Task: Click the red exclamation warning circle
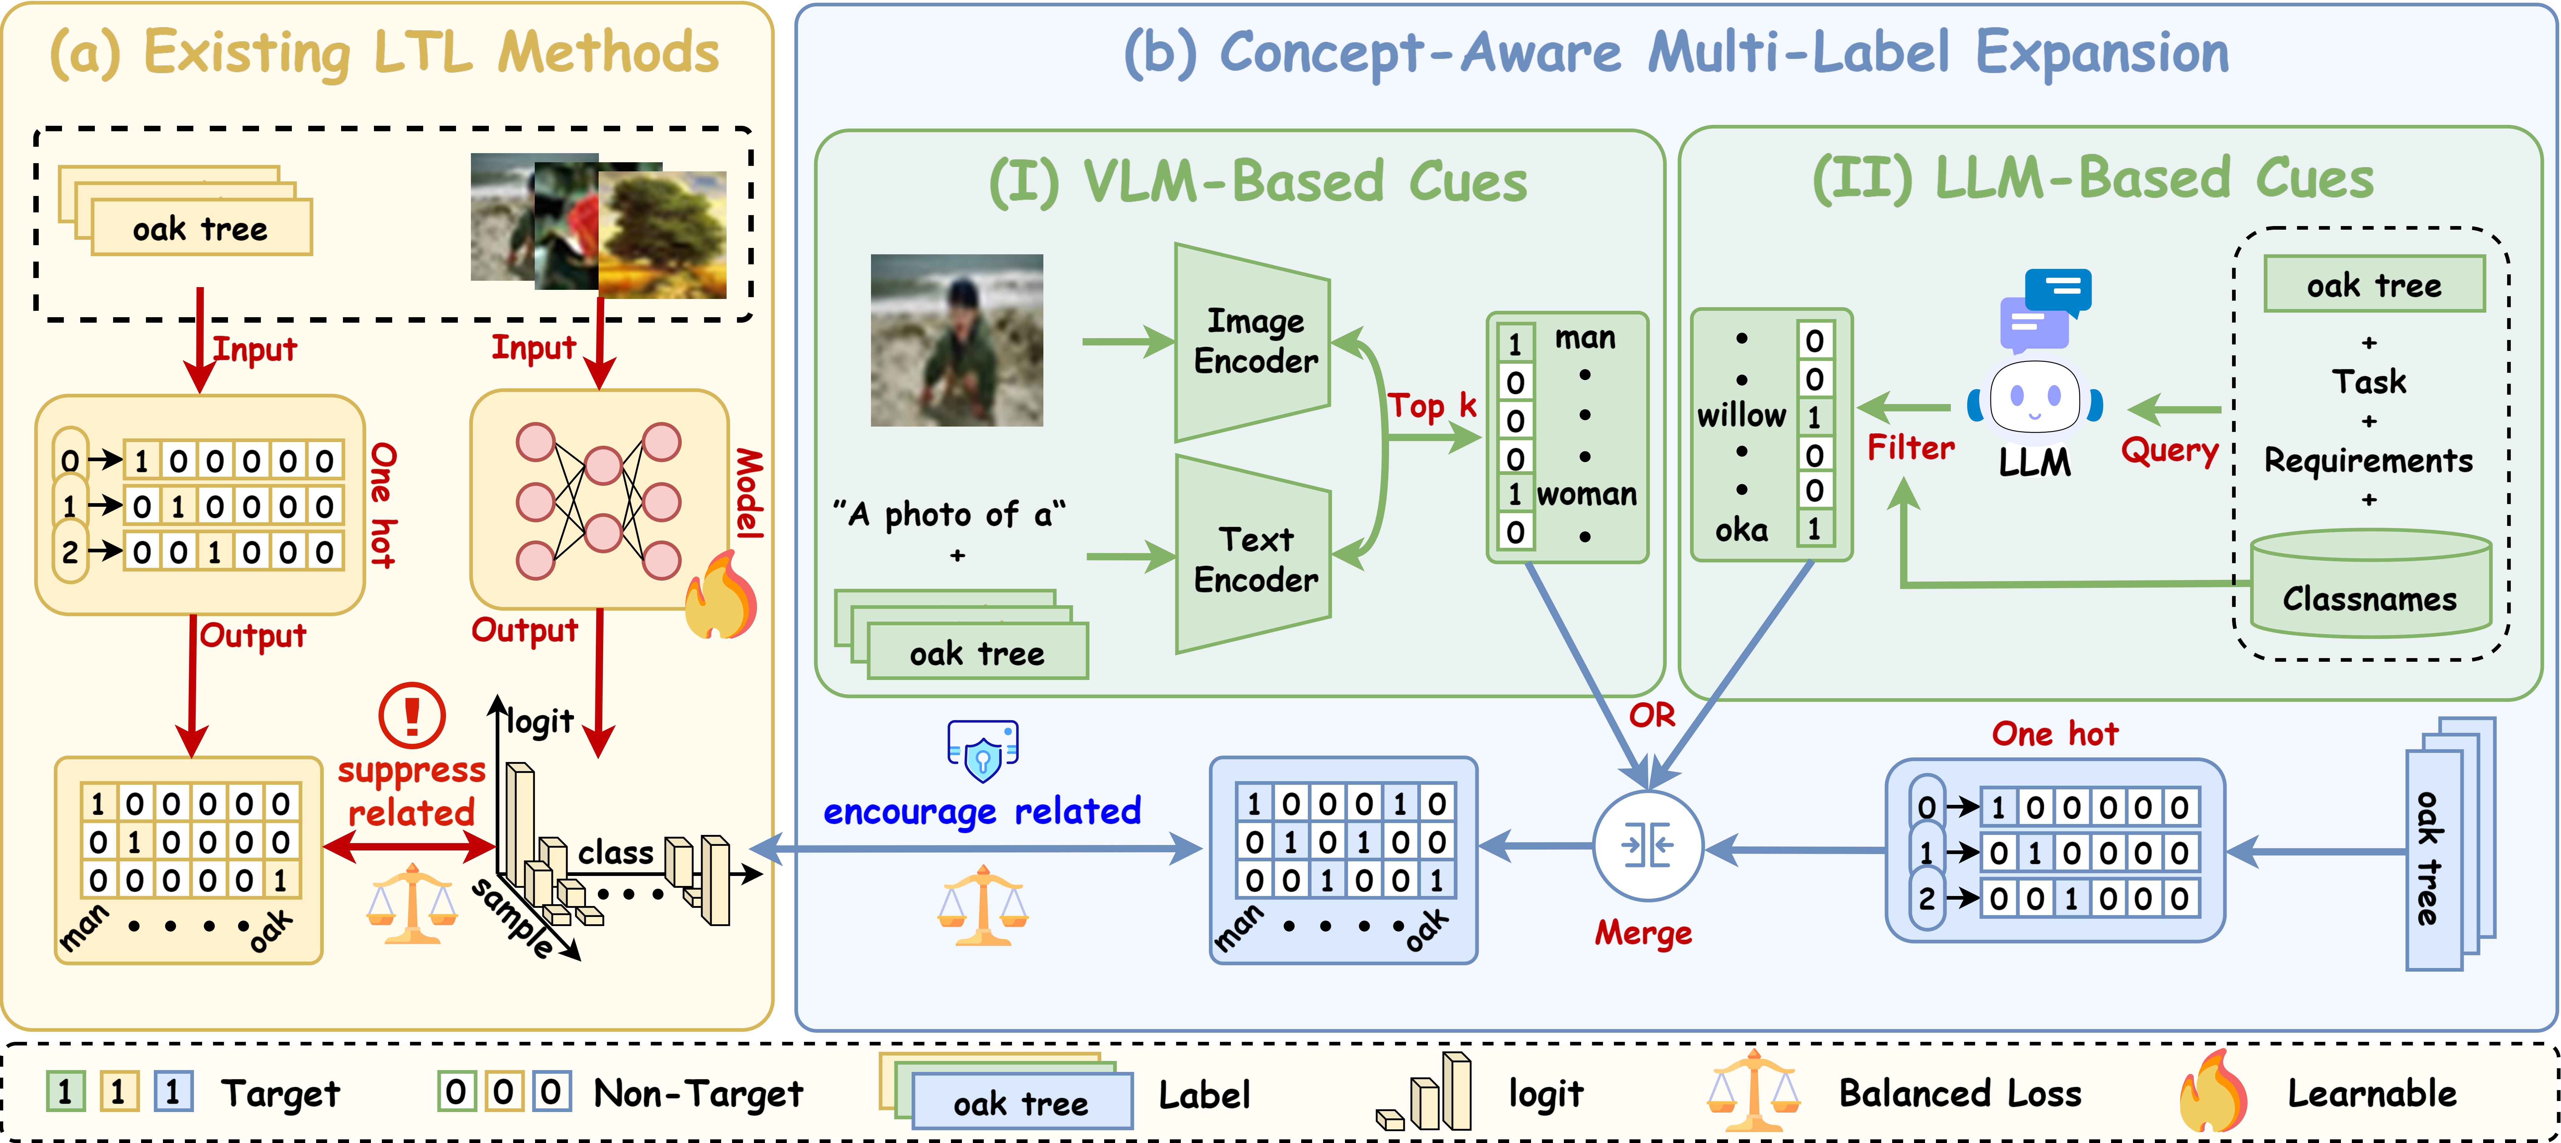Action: point(412,715)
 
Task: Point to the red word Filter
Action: point(1910,448)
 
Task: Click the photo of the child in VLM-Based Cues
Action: point(956,340)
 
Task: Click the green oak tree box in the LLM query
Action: point(2373,285)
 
